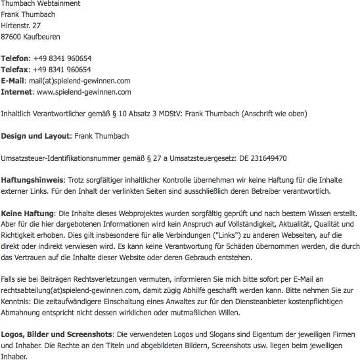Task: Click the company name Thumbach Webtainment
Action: [41, 4]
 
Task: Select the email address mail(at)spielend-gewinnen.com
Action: [80, 80]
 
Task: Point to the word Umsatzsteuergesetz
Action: [210, 158]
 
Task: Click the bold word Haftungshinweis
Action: [32, 180]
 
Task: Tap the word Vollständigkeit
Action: [242, 225]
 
